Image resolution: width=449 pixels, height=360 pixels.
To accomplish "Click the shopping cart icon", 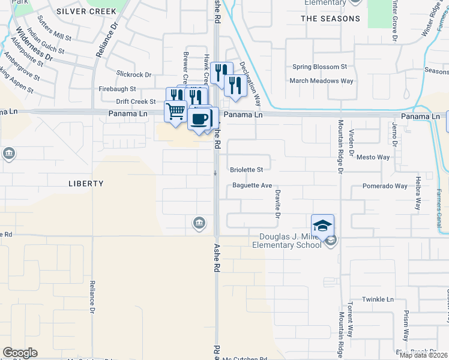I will pos(175,111).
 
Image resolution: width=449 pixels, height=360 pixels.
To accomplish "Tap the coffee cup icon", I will pos(199,117).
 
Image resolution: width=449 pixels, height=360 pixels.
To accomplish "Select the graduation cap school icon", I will pos(322,225).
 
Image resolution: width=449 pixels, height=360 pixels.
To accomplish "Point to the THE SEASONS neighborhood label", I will pos(330,19).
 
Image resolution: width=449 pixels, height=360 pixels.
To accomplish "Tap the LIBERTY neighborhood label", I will pos(86,184).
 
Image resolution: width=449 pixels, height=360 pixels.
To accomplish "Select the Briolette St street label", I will pos(247,170).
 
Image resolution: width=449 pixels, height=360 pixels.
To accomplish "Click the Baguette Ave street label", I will pos(253,186).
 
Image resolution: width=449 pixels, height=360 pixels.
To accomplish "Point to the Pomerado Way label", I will pos(385,187).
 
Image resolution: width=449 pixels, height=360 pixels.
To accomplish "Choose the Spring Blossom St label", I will pos(319,67).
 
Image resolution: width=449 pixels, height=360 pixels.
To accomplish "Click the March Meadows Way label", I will pos(321,80).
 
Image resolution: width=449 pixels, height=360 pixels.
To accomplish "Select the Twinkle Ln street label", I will pos(378,299).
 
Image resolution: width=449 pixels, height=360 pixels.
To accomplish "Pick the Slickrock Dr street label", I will pos(134,75).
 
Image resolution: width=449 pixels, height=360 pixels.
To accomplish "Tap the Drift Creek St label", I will pos(136,102).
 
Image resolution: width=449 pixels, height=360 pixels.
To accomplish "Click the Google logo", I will pos(20,353).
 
